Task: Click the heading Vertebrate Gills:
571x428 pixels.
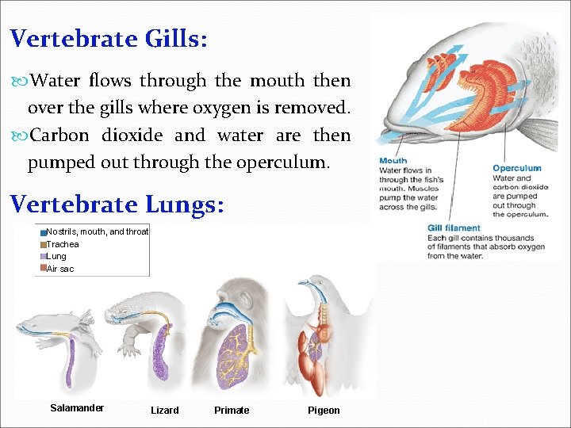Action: click(109, 39)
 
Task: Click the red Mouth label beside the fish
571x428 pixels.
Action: click(393, 161)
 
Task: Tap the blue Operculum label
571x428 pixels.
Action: click(516, 168)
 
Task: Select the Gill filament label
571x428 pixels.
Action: click(454, 228)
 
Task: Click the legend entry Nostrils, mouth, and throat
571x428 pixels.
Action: click(98, 232)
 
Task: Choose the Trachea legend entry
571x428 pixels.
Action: click(63, 244)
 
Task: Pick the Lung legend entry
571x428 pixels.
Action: click(56, 256)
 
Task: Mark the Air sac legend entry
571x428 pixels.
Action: click(60, 269)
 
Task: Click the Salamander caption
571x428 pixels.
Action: click(77, 408)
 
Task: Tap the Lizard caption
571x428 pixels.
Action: click(164, 411)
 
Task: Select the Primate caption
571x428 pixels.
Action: click(232, 411)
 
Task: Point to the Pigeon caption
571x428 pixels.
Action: click(324, 411)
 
